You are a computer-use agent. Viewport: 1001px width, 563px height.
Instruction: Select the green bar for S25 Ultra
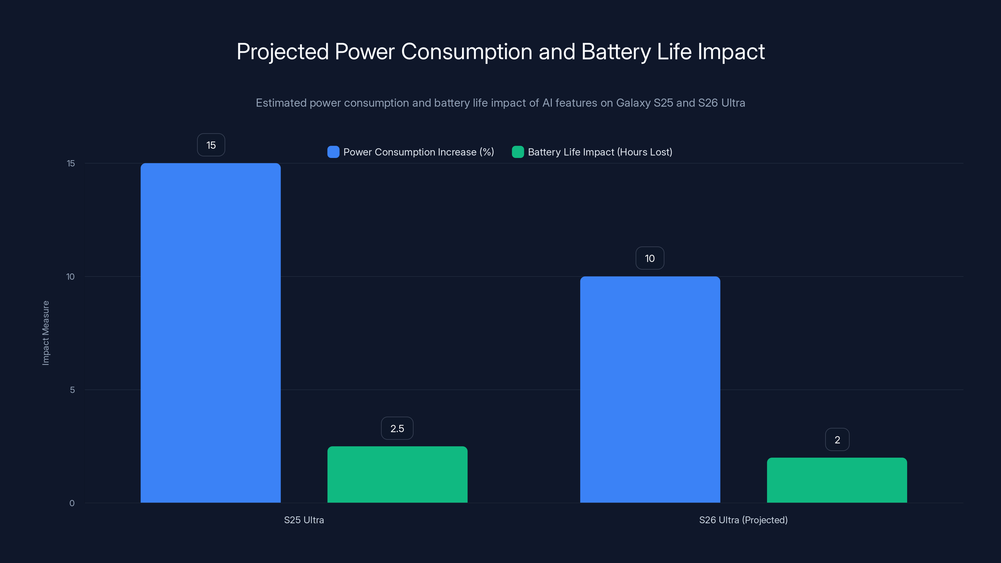(x=397, y=474)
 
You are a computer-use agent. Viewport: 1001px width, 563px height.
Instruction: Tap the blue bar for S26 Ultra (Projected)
(x=650, y=389)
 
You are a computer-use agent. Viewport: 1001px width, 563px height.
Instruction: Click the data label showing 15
(x=211, y=145)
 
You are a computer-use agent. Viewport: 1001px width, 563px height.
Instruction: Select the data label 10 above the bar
(x=650, y=258)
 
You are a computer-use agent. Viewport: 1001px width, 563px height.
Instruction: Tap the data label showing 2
(x=837, y=439)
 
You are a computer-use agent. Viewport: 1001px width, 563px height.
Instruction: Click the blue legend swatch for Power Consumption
(x=333, y=152)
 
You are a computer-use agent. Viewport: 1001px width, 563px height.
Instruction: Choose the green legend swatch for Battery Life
(x=518, y=152)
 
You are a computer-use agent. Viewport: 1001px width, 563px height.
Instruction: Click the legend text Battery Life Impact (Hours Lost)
(x=600, y=152)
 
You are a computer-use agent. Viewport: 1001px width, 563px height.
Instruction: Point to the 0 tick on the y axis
(x=72, y=503)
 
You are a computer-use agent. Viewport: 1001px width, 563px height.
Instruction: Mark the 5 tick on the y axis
(x=72, y=390)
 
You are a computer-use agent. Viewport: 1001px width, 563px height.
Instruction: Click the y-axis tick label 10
(x=70, y=276)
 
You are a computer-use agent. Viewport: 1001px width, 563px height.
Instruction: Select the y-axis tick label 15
(x=71, y=163)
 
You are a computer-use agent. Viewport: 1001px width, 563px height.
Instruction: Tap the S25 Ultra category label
(x=304, y=520)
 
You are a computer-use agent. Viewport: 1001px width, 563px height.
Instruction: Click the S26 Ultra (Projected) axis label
(x=743, y=520)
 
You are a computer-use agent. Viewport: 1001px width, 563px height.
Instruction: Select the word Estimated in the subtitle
(x=281, y=103)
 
